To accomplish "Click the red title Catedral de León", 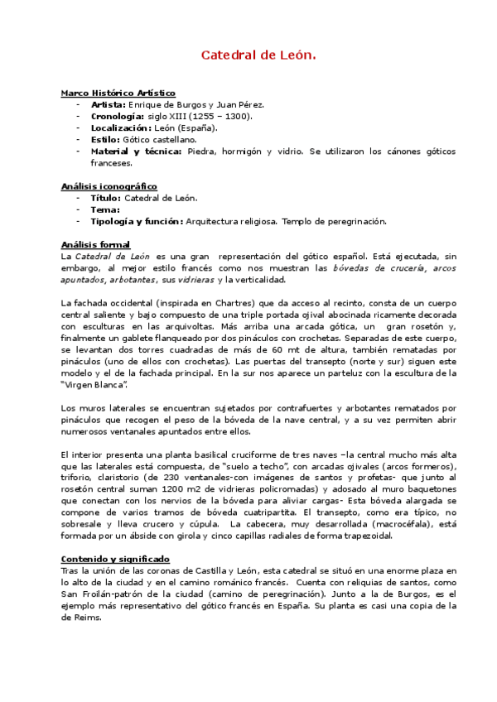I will pos(258,55).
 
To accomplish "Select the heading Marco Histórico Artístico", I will pos(118,94).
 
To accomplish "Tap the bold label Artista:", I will pos(109,105).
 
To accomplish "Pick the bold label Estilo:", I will pos(106,140).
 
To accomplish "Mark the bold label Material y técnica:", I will pos(137,151).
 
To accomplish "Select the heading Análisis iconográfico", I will pos(109,186).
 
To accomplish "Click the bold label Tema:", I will pos(105,209).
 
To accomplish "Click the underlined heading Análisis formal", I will pos(95,244).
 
